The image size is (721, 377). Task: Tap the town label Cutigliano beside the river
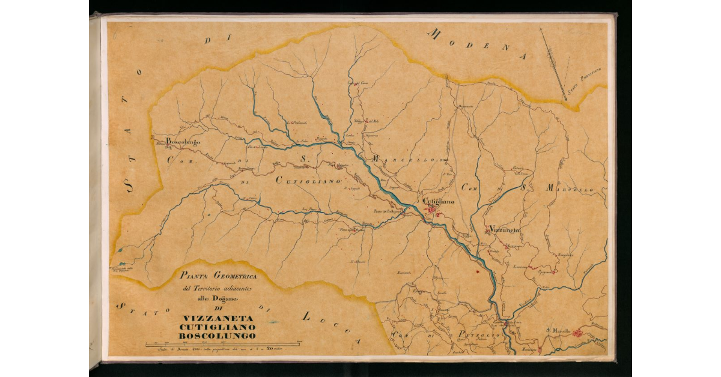(442, 202)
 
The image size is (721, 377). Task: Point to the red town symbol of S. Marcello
(577, 333)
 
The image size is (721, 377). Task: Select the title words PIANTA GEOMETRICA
(219, 276)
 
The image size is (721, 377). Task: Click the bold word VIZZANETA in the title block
(219, 317)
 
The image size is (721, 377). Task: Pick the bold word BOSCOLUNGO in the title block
(219, 335)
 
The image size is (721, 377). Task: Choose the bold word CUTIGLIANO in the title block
(219, 326)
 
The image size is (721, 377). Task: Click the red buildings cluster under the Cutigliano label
(434, 210)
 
